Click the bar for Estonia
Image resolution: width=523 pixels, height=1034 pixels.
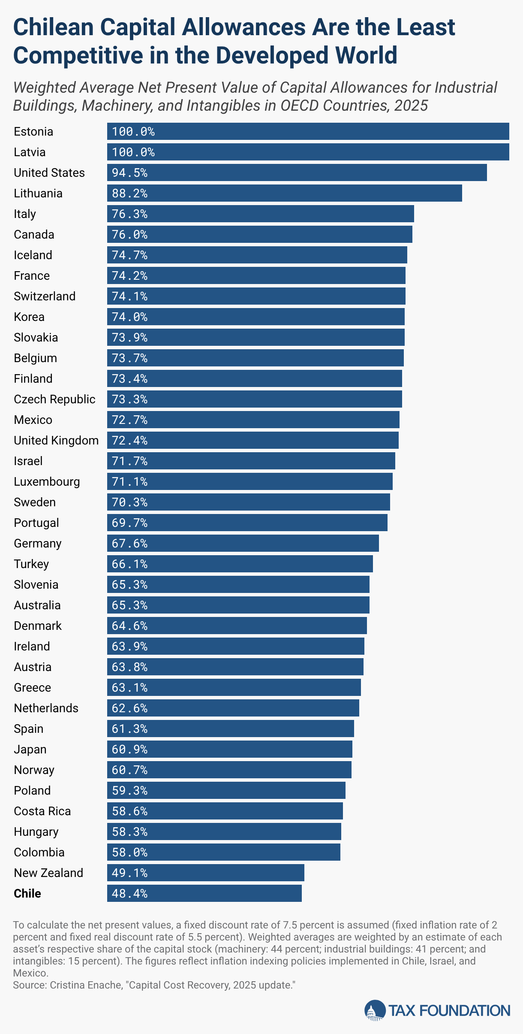tap(308, 131)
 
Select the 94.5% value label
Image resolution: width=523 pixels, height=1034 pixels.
tap(129, 173)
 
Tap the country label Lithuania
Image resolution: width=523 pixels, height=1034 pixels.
tap(38, 193)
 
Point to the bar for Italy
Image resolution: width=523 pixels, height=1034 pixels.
tap(260, 214)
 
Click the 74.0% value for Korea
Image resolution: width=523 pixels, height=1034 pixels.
tap(129, 317)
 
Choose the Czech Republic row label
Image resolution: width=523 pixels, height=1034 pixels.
tap(54, 399)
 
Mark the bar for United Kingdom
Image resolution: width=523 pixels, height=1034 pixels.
tap(252, 440)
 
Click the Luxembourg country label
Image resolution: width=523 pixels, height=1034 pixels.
tap(47, 482)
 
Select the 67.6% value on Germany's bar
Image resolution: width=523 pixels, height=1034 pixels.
tap(129, 544)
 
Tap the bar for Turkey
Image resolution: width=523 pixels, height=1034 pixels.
tap(240, 564)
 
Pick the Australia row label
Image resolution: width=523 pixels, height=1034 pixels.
tap(37, 605)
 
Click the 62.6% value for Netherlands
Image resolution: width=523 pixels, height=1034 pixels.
tap(129, 708)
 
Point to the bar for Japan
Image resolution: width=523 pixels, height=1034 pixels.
tap(229, 749)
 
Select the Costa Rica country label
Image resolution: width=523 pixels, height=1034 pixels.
tap(42, 811)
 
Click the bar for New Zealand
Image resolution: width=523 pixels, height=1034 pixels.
tap(205, 873)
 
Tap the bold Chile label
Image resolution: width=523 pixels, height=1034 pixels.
tap(27, 894)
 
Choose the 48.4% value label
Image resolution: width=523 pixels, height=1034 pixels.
tap(129, 894)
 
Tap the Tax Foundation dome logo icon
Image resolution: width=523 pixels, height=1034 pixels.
tap(375, 1010)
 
